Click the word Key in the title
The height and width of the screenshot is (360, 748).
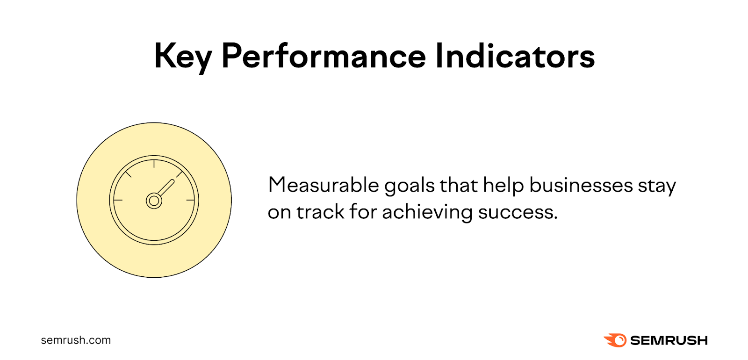pos(183,57)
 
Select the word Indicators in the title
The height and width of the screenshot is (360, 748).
pos(515,56)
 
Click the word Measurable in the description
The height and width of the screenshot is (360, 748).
pos(323,185)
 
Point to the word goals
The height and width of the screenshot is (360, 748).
pos(410,186)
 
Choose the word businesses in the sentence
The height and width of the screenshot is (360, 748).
pos(581,185)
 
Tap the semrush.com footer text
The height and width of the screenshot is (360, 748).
pos(76,340)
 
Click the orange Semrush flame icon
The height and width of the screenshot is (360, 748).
pos(615,340)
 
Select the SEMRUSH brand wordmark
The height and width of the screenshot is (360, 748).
pos(669,340)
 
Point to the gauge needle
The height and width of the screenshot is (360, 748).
pos(165,188)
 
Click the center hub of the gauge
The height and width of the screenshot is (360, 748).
pos(154,201)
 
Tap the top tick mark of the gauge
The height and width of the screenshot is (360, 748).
pos(154,164)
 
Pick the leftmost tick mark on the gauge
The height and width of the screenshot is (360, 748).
pos(118,200)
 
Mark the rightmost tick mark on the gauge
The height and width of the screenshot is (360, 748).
pos(190,200)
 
